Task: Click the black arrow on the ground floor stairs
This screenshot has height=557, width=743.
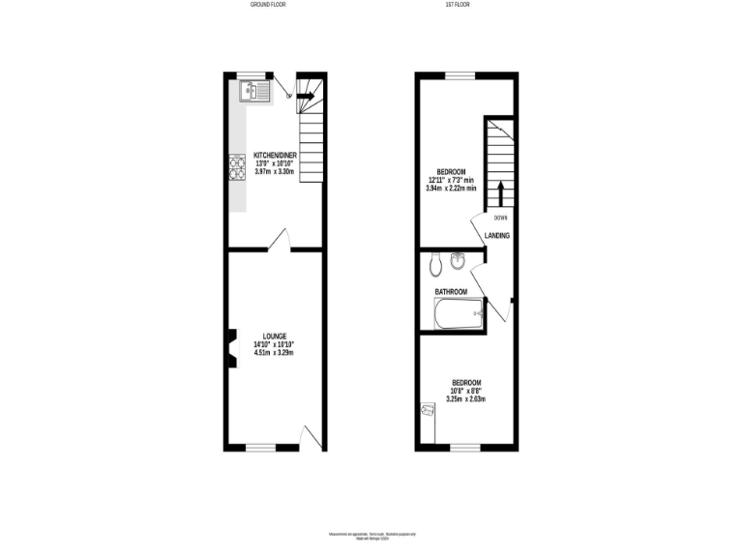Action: pyautogui.click(x=305, y=95)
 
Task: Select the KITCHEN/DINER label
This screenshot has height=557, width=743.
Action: pyautogui.click(x=274, y=155)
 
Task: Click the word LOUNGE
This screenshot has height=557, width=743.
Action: pyautogui.click(x=274, y=336)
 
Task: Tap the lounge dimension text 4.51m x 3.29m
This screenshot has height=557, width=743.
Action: pyautogui.click(x=274, y=353)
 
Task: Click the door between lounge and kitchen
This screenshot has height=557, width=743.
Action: pyautogui.click(x=280, y=240)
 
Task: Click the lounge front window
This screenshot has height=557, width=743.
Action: pyautogui.click(x=259, y=448)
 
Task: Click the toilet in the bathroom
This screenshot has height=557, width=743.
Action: pyautogui.click(x=434, y=262)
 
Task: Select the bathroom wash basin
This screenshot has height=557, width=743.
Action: pyautogui.click(x=459, y=259)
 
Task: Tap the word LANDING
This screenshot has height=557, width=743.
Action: pyautogui.click(x=497, y=236)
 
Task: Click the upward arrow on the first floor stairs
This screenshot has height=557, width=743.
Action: pyautogui.click(x=501, y=191)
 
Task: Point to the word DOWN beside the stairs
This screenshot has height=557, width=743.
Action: pyautogui.click(x=501, y=218)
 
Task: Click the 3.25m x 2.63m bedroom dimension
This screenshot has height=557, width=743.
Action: pyautogui.click(x=465, y=398)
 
